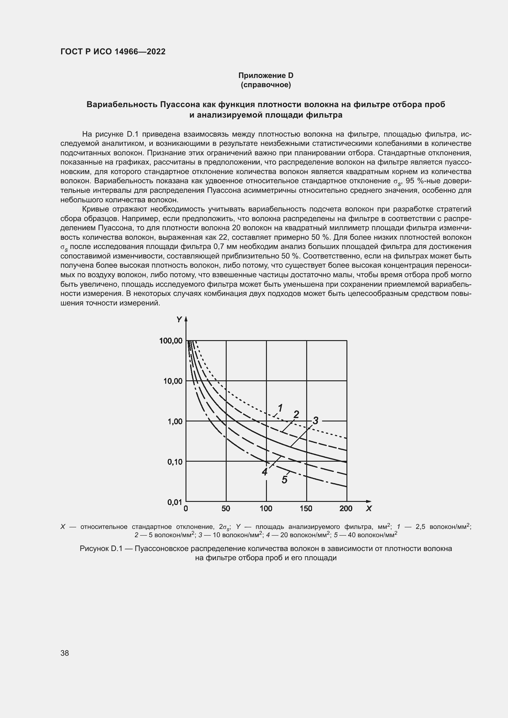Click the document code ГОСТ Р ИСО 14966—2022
point(113,52)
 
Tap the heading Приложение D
point(266,76)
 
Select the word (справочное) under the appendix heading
point(266,85)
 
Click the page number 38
point(65,653)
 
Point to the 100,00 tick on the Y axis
point(171,340)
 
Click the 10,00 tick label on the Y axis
point(173,381)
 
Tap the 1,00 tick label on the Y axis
point(175,421)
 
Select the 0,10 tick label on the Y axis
point(175,462)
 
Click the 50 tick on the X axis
point(226,509)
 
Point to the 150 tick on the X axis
point(306,509)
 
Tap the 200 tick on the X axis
point(346,509)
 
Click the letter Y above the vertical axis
point(179,320)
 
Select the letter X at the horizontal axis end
point(369,509)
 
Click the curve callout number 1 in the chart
point(280,408)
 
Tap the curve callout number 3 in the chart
point(315,421)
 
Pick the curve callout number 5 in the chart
point(284,479)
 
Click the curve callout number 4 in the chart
point(265,472)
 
